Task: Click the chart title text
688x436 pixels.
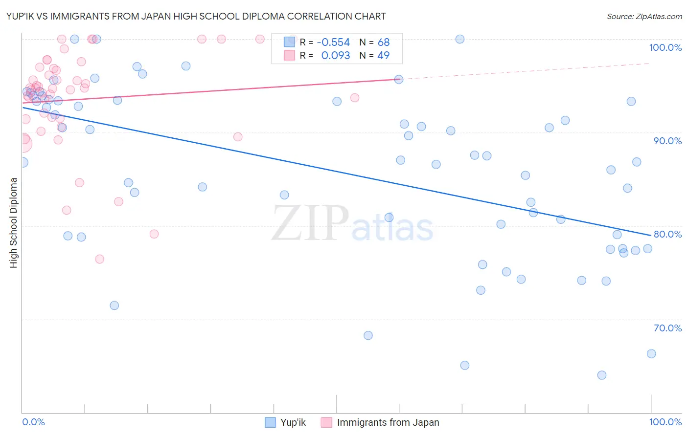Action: (196, 16)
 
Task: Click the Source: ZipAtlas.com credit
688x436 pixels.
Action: (644, 16)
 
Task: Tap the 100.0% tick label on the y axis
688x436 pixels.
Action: (665, 47)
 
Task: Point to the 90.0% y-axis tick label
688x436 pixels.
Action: (667, 141)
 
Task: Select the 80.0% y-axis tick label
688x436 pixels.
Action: (667, 234)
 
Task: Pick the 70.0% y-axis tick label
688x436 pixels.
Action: (667, 328)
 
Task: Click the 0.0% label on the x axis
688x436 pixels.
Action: (33, 422)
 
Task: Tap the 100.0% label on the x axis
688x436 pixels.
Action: (665, 422)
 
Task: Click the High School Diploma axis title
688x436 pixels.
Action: (14, 222)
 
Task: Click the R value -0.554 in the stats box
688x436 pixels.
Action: (333, 43)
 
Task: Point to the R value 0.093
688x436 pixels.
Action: (335, 56)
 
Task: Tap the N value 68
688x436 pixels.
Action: (384, 43)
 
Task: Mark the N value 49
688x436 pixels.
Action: (384, 56)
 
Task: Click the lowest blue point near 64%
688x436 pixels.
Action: (602, 375)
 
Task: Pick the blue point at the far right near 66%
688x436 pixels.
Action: (651, 354)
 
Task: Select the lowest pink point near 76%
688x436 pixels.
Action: (100, 259)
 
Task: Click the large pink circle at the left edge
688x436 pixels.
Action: (23, 143)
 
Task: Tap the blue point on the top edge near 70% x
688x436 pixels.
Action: (460, 39)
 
